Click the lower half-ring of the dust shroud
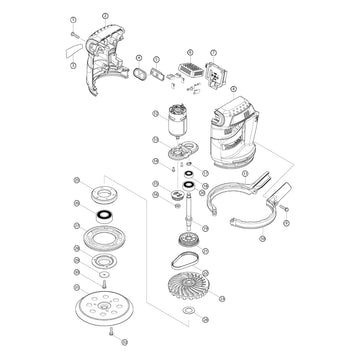(x=245, y=221)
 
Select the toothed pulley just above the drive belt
(x=186, y=241)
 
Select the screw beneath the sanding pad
(x=101, y=346)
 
